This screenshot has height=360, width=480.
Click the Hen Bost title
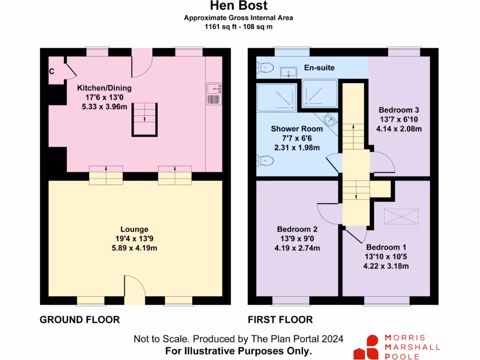point(239,6)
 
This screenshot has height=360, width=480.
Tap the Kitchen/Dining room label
point(104,88)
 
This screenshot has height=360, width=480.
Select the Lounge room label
point(135,229)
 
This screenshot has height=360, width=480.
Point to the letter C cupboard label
point(52,72)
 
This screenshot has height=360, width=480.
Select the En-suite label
point(319,67)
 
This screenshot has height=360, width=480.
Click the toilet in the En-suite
point(266,67)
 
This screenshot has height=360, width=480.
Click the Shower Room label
point(297,128)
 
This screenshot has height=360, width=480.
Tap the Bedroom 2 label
point(297,229)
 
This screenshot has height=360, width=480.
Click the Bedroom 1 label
point(386,247)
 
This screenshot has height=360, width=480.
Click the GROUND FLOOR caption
point(80,320)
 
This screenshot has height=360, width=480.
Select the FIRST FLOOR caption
point(280,320)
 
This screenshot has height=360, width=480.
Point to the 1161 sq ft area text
point(239,27)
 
